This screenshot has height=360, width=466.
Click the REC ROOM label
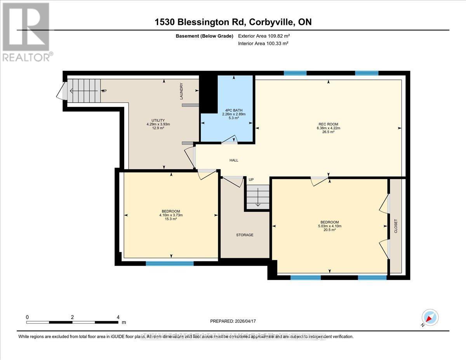[328, 124]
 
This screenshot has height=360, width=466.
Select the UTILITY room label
[158, 120]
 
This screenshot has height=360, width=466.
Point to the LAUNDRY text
[181, 91]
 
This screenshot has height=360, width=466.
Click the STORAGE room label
[245, 235]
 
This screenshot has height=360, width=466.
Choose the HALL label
[234, 160]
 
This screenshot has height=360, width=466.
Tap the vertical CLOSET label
[396, 226]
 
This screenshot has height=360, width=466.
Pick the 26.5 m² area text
[328, 132]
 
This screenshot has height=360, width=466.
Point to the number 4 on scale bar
[118, 317]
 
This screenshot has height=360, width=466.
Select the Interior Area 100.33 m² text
[263, 43]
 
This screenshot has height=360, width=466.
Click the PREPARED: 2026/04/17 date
[233, 321]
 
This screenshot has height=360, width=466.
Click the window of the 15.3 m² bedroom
[170, 263]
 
